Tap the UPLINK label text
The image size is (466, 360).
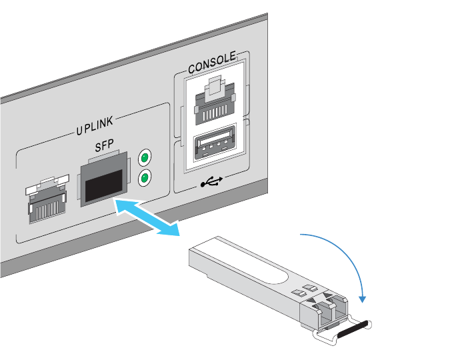(x=95, y=127)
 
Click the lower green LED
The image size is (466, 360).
(x=143, y=178)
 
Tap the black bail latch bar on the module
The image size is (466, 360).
(x=351, y=329)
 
